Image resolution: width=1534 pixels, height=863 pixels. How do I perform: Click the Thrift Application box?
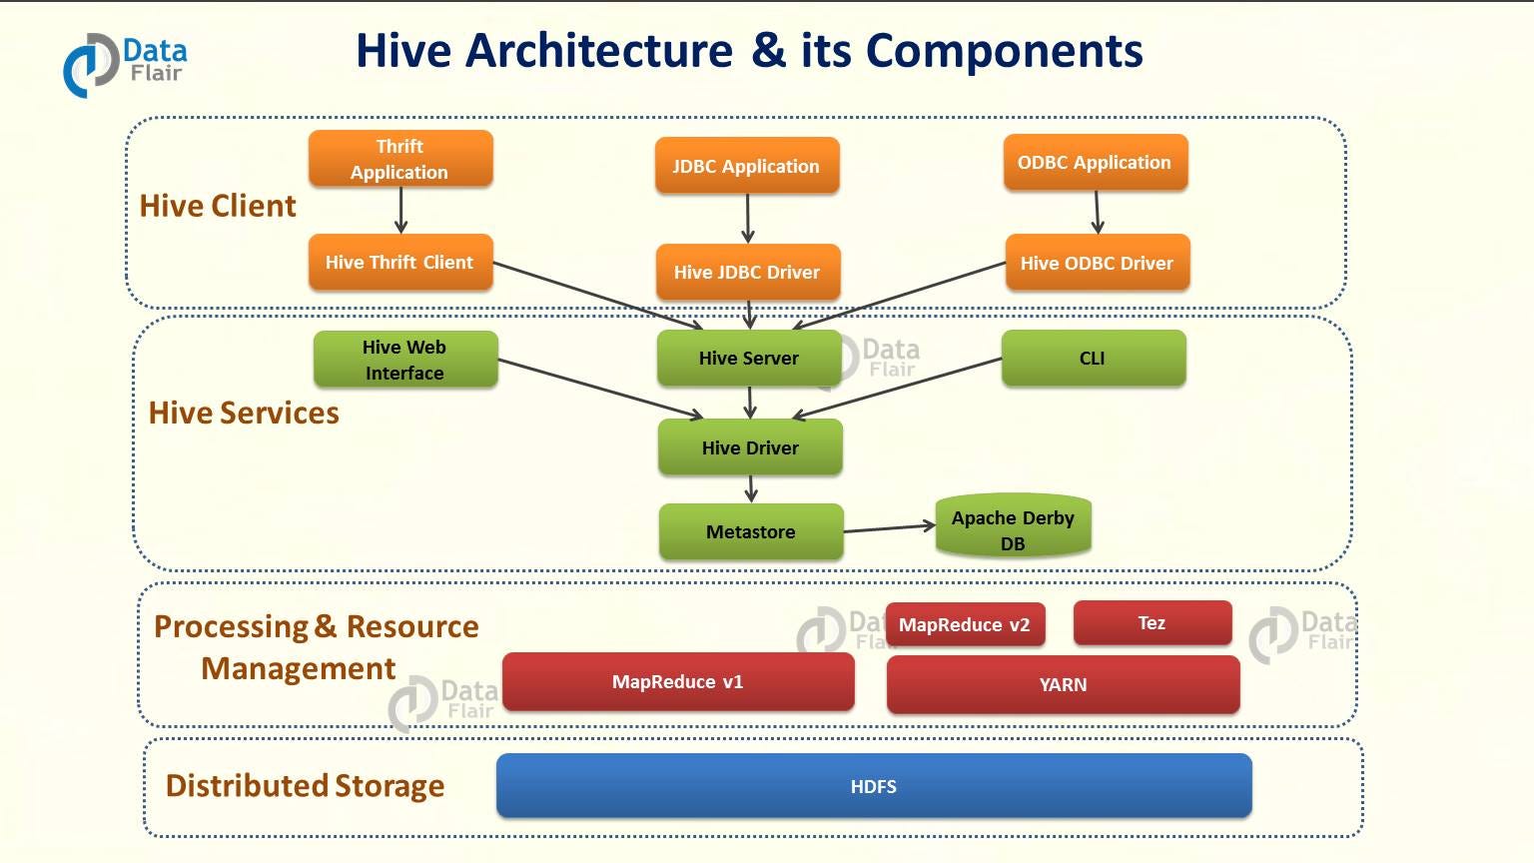click(x=400, y=159)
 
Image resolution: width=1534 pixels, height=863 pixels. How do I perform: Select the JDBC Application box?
click(x=746, y=166)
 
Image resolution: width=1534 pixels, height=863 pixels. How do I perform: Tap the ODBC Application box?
click(x=1095, y=162)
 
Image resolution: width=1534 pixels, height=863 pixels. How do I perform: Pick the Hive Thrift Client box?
click(x=399, y=262)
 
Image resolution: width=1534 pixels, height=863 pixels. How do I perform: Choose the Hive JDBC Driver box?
click(x=747, y=272)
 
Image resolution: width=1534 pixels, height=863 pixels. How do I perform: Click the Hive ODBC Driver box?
click(x=1097, y=263)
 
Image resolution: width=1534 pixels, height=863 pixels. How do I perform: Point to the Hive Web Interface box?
click(x=404, y=360)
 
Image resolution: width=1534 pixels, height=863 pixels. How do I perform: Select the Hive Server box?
click(x=749, y=358)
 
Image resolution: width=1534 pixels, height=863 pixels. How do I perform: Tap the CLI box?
click(x=1093, y=358)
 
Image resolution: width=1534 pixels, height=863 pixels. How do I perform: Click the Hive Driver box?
click(x=750, y=447)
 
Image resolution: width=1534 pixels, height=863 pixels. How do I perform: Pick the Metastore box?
click(x=751, y=531)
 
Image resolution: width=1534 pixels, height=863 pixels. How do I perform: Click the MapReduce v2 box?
click(x=965, y=625)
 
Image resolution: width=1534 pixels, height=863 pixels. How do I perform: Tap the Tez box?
click(x=1151, y=623)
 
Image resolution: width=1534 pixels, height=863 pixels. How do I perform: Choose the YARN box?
click(x=1063, y=684)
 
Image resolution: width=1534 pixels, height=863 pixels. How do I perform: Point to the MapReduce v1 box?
click(x=678, y=681)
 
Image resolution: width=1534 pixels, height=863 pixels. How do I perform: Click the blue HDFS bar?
click(x=873, y=786)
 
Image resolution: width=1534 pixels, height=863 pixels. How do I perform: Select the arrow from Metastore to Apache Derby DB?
click(x=889, y=528)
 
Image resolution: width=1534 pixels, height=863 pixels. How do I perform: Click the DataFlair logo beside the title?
click(x=124, y=63)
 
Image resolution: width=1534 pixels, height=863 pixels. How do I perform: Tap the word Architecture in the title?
click(x=599, y=50)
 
